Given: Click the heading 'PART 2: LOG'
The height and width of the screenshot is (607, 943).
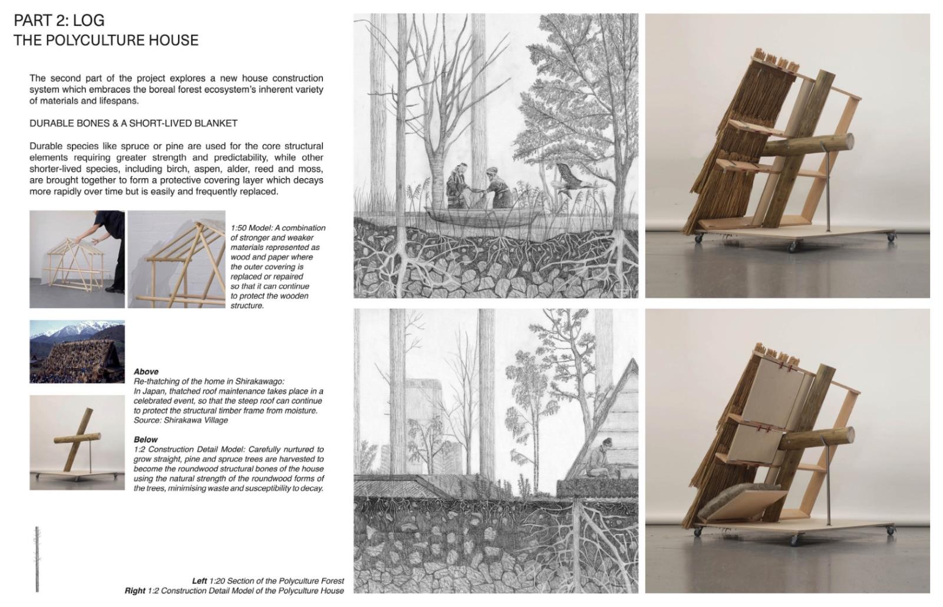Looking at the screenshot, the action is coord(60,20).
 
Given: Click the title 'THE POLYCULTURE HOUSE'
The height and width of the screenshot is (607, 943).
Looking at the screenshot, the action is coord(106,41).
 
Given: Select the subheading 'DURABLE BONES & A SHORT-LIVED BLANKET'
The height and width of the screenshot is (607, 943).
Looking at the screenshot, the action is coord(133,123).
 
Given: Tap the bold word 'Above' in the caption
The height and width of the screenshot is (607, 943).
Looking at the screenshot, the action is coord(146,372).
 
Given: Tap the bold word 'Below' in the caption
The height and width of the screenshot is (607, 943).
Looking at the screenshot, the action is coord(146,439).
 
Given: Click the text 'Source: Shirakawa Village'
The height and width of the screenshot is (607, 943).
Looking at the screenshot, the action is coord(180,420).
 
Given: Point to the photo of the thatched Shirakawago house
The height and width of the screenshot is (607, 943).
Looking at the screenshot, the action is coord(77,352).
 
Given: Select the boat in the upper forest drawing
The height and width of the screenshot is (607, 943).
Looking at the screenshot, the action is coord(483,216).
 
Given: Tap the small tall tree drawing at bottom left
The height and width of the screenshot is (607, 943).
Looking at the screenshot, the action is coord(37,559).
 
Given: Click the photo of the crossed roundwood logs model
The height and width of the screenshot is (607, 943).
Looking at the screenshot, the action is coord(77,443).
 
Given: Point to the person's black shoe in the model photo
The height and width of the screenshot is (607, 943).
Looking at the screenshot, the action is coord(114,290).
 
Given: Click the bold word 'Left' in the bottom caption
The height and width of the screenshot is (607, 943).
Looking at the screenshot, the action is coord(200,581).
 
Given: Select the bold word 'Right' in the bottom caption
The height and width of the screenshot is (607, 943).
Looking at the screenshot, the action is coord(135,590).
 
